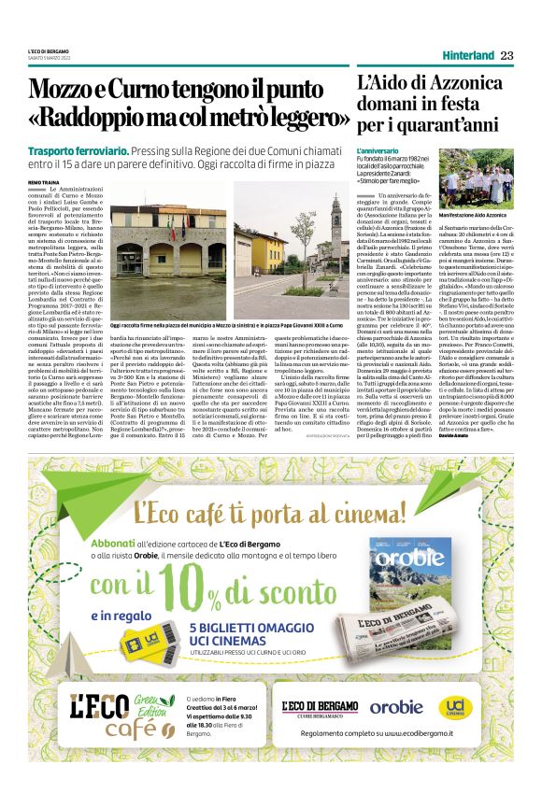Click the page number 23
click(x=506, y=56)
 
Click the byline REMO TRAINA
click(x=44, y=181)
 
